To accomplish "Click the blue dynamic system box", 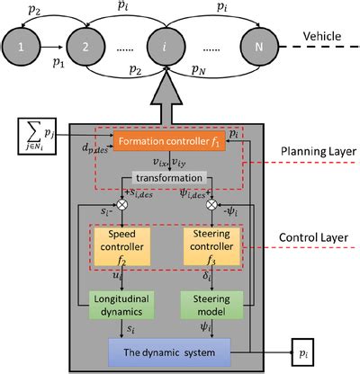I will pos(169,350).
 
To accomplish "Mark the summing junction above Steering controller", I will pos(213,204).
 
